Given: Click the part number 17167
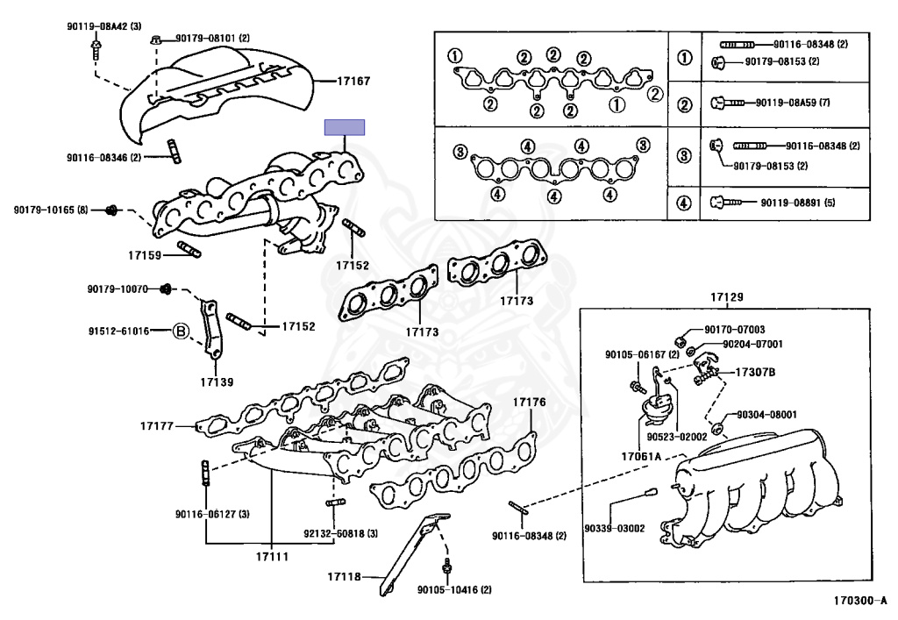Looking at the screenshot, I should tap(353, 82).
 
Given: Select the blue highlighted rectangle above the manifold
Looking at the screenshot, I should tap(345, 128).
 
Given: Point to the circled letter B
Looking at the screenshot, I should tap(179, 331).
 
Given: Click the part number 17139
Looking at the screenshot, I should tap(217, 381).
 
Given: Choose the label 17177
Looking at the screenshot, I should tap(158, 426).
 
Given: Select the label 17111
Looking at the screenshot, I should tap(271, 555).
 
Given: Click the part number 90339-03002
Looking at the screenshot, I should tap(615, 528).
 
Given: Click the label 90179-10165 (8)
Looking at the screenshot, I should tap(51, 210).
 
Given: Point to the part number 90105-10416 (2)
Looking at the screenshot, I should tap(454, 589).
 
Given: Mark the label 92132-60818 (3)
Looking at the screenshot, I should tap(341, 533).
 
